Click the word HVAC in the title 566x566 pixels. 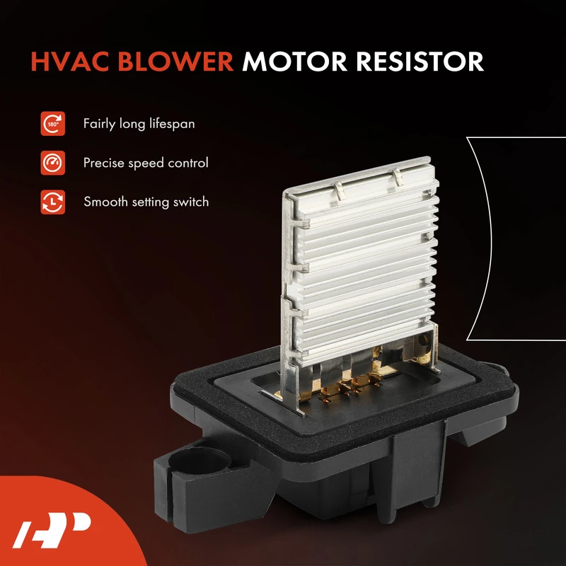pyautogui.click(x=69, y=62)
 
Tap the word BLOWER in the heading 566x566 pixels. pyautogui.click(x=175, y=62)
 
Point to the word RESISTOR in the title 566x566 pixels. pyautogui.click(x=420, y=62)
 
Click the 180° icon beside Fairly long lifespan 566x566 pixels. pyautogui.click(x=52, y=124)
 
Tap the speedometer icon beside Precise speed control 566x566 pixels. pyautogui.click(x=52, y=163)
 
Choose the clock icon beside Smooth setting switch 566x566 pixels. pyautogui.click(x=52, y=202)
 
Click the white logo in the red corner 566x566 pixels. pyautogui.click(x=52, y=530)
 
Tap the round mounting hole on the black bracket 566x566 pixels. pyautogui.click(x=199, y=461)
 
